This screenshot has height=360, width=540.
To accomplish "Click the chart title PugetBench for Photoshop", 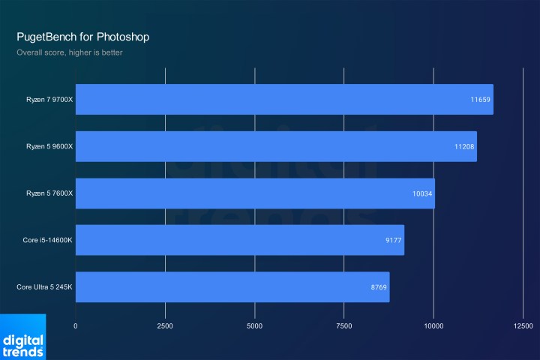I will tap(86, 36).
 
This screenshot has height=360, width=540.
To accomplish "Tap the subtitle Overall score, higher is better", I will tap(70, 52).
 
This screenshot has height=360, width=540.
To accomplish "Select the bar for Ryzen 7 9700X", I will tap(284, 99).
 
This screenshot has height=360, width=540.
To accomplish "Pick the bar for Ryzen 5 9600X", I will tap(276, 146).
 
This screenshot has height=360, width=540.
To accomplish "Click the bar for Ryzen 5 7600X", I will tap(255, 193).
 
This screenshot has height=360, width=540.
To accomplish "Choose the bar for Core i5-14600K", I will tap(240, 240).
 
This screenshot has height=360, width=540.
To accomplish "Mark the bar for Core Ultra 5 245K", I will tap(232, 286).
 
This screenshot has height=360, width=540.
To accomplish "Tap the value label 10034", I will tap(421, 193).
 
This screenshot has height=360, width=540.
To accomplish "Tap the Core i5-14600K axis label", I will tap(47, 240).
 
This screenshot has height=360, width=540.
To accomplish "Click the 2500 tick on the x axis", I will tap(165, 326).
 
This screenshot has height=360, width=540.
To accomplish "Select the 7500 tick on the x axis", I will tap(344, 326).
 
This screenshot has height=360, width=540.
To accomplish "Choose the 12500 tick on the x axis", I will tap(523, 326).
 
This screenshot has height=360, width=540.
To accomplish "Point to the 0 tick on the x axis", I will tap(76, 326).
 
